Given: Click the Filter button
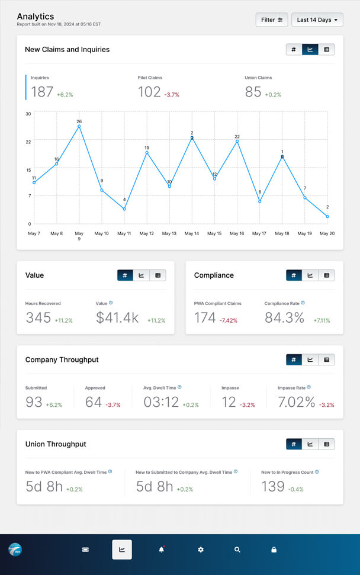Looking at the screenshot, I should click(x=272, y=20).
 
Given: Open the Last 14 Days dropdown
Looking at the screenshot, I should click(x=317, y=20).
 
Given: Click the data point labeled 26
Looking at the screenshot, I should click(x=79, y=126).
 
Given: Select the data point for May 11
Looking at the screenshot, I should click(x=124, y=209).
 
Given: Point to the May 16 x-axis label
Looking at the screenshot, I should click(x=237, y=234).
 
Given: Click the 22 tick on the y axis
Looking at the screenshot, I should click(x=28, y=142).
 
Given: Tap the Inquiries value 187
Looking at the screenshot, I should click(x=42, y=92).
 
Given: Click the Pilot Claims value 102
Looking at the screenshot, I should click(x=149, y=92).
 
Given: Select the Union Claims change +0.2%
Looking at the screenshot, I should click(x=273, y=95).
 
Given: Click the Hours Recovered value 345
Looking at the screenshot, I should click(x=38, y=317).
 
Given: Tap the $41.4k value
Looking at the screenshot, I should click(x=117, y=317).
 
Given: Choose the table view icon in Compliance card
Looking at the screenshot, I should click(x=326, y=275).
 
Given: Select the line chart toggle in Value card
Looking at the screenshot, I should click(x=141, y=275).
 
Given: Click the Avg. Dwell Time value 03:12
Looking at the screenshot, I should click(x=161, y=402).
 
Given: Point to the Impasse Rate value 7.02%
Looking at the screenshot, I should click(x=296, y=402).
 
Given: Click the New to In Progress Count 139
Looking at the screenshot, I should click(x=273, y=487).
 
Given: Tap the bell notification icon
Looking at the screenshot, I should click(x=161, y=550).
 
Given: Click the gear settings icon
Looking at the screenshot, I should click(x=201, y=550).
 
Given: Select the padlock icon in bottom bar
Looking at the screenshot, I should click(x=274, y=550).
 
